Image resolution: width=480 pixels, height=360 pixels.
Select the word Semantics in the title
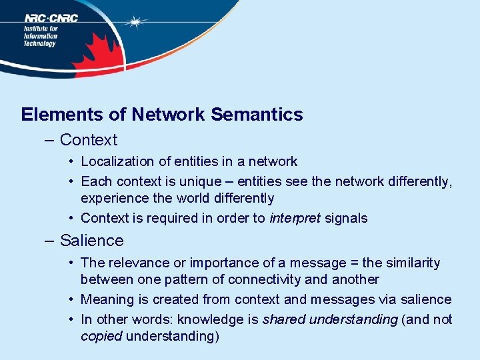coord(257,115)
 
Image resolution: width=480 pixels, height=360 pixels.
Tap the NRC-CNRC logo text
coord(51,18)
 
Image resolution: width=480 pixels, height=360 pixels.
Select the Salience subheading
coord(91,241)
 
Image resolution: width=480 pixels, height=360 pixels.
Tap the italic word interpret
coord(295,218)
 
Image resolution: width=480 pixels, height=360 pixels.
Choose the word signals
coord(346,218)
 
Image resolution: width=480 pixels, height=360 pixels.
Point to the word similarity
coord(408,263)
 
